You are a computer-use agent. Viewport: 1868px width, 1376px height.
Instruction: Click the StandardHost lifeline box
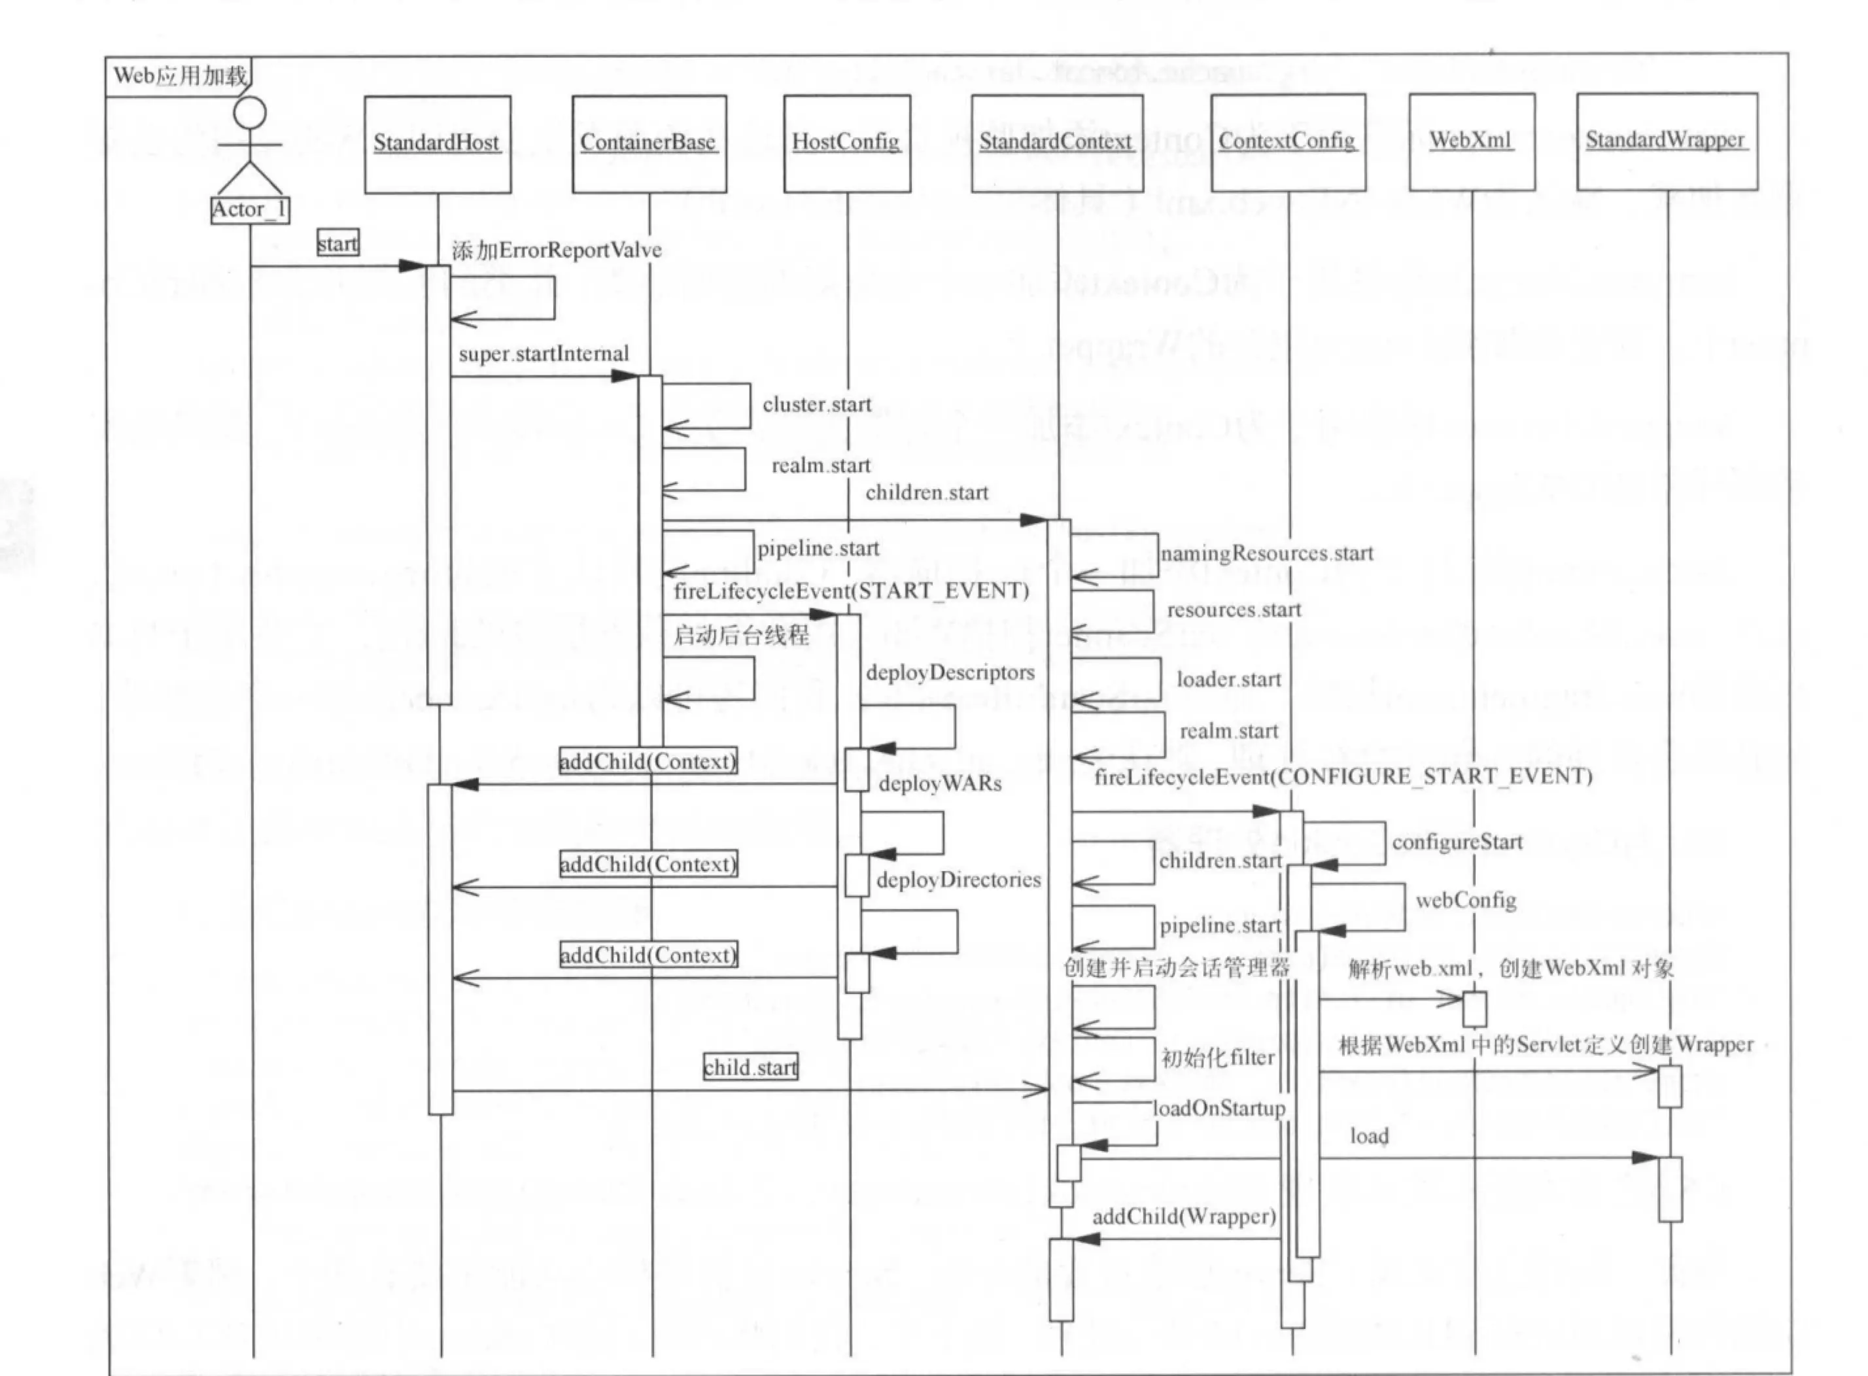click(x=437, y=144)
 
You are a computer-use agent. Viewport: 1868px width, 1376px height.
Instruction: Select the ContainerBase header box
click(x=649, y=143)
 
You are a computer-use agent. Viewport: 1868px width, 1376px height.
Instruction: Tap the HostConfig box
click(x=846, y=143)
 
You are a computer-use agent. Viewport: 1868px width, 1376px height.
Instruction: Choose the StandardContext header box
click(x=1056, y=143)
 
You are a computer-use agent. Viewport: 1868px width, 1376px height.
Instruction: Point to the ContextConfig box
click(x=1288, y=142)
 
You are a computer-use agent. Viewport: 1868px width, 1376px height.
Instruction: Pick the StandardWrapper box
click(x=1667, y=141)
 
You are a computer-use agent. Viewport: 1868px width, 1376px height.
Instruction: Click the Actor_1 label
click(x=250, y=210)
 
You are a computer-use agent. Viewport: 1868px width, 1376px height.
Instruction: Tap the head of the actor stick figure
click(x=250, y=112)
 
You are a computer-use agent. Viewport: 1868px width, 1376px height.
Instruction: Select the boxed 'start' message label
click(x=338, y=244)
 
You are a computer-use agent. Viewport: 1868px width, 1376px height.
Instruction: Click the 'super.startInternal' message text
click(x=544, y=354)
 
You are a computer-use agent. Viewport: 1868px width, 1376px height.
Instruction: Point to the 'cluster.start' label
click(x=817, y=405)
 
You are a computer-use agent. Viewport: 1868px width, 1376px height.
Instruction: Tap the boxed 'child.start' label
click(x=750, y=1068)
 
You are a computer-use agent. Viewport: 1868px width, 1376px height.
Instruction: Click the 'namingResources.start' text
click(x=1267, y=554)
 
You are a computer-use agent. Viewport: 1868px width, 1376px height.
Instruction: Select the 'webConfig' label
click(x=1466, y=901)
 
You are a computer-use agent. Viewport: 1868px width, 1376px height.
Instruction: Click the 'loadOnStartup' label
click(x=1219, y=1109)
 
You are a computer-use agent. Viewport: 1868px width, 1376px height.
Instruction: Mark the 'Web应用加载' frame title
click(x=180, y=77)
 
